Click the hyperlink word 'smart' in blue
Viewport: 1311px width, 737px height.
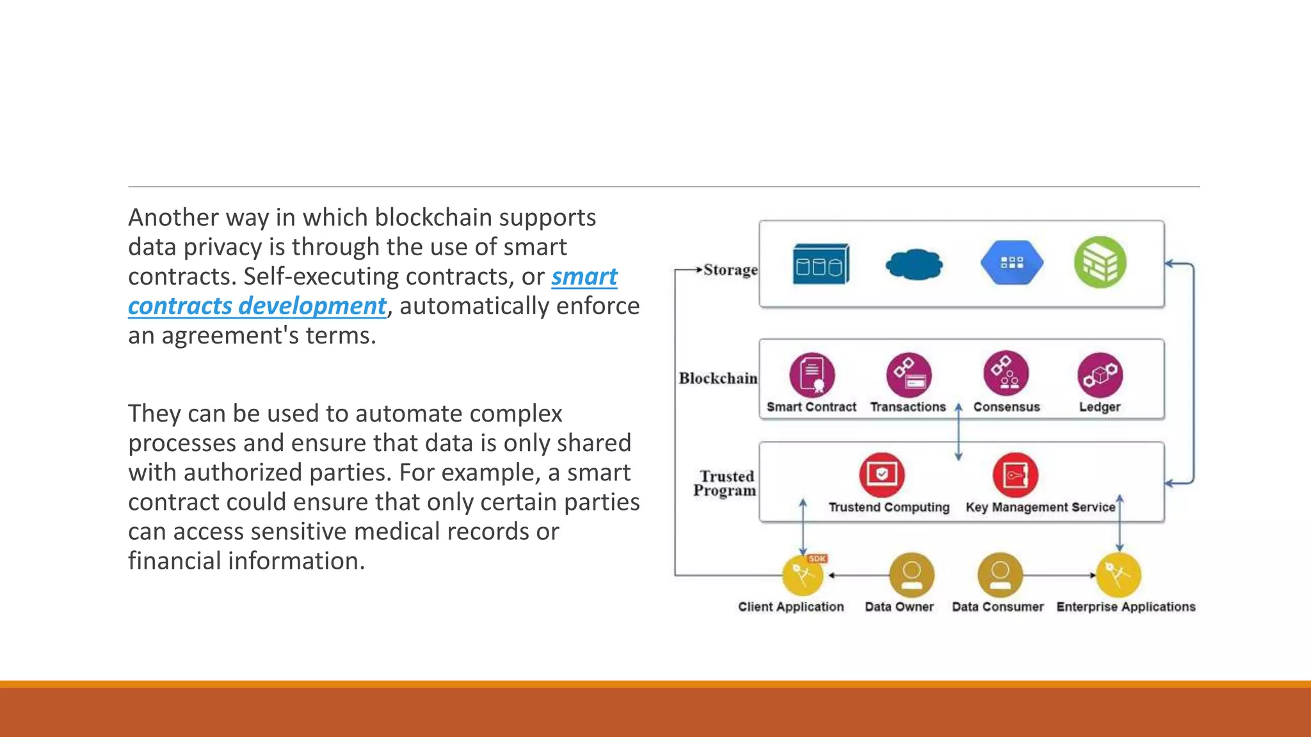[584, 277]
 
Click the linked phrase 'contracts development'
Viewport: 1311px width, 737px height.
[257, 306]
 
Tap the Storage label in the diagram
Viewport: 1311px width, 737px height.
[730, 270]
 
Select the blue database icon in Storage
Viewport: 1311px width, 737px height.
[821, 264]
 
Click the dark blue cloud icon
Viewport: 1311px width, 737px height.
[914, 264]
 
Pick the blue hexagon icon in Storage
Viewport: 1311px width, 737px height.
[1011, 263]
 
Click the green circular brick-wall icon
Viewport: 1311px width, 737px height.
[1100, 262]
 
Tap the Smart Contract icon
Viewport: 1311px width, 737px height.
[812, 375]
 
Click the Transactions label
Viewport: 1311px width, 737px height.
[908, 407]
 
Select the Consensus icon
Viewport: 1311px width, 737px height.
[1006, 374]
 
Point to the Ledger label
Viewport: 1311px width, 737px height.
[1100, 407]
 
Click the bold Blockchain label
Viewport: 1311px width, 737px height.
[718, 379]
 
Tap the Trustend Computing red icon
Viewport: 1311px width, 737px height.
[881, 475]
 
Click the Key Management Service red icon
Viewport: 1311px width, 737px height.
[1015, 475]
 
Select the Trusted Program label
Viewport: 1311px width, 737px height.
[725, 484]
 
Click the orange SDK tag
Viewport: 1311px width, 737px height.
[817, 559]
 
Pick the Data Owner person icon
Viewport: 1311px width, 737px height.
[912, 575]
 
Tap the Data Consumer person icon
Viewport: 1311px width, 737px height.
[1000, 575]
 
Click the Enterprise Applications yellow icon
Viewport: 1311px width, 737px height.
[1118, 575]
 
